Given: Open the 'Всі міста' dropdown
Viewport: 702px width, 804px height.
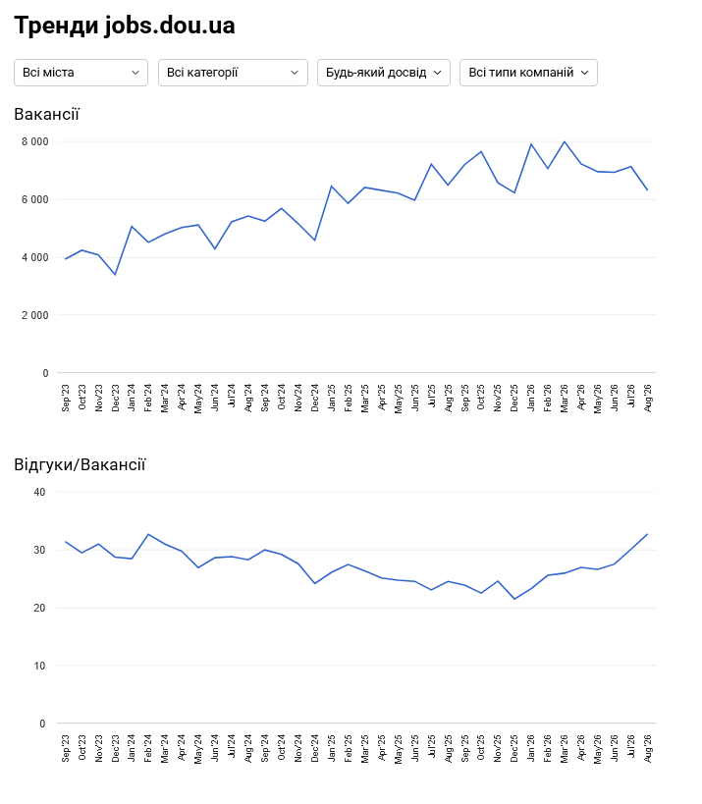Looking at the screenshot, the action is [x=81, y=73].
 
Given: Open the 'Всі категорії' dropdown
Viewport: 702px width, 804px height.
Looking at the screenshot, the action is [x=233, y=73].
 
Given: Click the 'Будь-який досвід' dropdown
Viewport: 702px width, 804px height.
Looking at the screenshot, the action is [x=384, y=73].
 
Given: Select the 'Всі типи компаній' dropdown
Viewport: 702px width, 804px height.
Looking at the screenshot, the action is [x=528, y=73].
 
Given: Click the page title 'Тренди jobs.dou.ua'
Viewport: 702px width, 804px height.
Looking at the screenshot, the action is [x=125, y=26].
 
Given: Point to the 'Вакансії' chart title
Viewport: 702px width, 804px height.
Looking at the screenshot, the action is [x=47, y=114].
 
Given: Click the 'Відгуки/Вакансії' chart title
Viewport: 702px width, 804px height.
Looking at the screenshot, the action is [x=80, y=464].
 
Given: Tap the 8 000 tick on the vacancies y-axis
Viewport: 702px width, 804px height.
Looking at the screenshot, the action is [x=35, y=141].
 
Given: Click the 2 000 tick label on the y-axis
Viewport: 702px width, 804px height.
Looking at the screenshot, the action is [x=35, y=315].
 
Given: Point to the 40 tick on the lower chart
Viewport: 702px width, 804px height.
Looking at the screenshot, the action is [x=39, y=492].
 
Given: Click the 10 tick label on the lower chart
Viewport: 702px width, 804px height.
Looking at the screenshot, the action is [x=39, y=666].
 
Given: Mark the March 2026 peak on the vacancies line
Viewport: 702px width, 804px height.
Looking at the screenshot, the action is [x=565, y=141].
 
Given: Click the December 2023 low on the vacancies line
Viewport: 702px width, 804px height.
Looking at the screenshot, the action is [x=116, y=274].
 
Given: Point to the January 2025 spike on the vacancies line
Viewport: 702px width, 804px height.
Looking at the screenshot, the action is [x=332, y=187].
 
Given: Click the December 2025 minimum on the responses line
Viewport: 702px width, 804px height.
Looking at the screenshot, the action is [x=514, y=599].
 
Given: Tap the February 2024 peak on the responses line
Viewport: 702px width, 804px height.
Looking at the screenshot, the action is [x=148, y=534].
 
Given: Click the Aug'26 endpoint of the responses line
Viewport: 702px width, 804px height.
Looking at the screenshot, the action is [x=647, y=534].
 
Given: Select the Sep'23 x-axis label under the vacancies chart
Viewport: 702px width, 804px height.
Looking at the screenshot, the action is [x=66, y=398].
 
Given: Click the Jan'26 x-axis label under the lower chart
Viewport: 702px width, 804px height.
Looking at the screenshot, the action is [x=531, y=748].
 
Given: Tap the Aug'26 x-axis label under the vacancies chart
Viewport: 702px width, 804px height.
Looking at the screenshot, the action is [x=648, y=398].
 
